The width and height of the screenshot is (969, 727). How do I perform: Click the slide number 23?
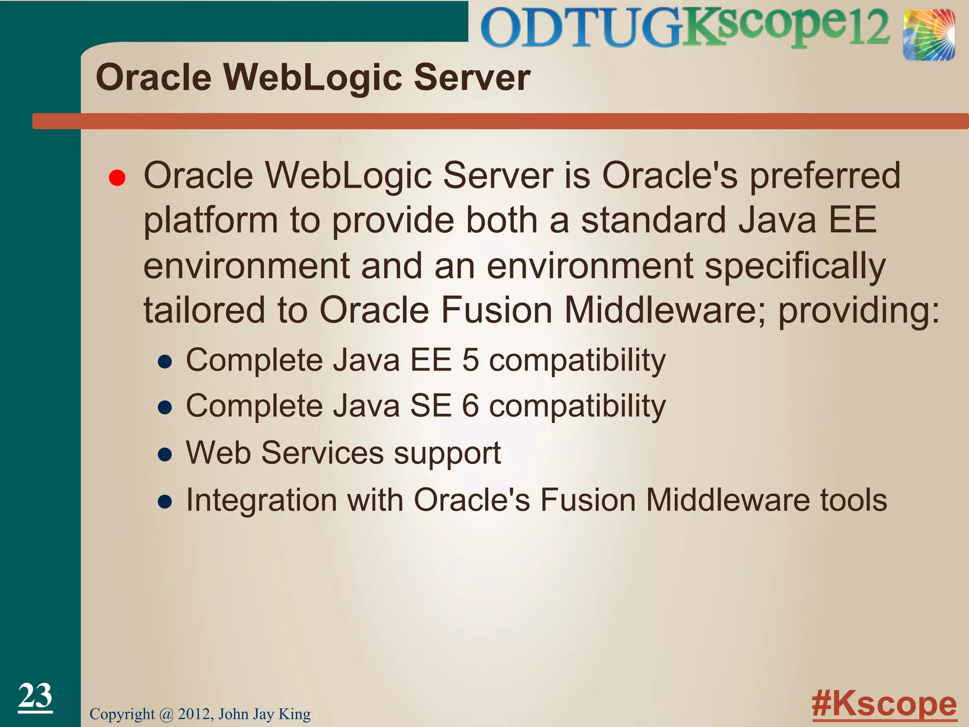35,696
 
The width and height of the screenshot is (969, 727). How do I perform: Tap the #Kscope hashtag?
884,704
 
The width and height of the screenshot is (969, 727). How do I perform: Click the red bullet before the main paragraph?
117,178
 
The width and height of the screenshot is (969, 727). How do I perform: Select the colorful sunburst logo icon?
928,35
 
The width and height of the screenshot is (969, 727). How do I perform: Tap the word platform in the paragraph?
211,222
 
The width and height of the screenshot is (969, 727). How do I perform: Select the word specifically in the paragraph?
795,267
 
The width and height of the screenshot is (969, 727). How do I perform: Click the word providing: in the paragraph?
859,311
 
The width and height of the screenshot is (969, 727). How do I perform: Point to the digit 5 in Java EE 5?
470,360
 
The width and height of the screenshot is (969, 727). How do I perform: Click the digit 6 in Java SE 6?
470,406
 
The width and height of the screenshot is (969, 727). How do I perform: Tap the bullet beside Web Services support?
165,455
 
